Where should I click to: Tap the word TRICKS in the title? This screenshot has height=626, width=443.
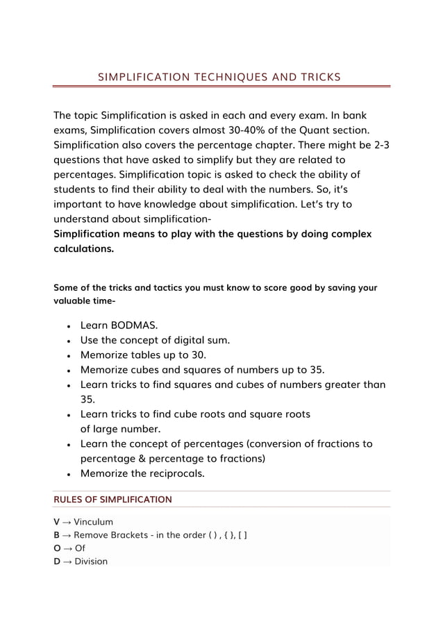pos(317,76)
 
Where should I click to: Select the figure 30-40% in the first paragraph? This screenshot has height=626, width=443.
pos(253,130)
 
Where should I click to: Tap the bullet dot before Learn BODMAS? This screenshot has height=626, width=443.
pos(67,325)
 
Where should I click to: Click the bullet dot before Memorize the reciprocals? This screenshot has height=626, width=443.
pos(67,475)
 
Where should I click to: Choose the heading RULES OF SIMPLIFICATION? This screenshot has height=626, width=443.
pos(112,499)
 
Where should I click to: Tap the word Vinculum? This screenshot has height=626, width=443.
pos(93,522)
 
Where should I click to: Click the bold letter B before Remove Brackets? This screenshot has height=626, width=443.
pos(58,535)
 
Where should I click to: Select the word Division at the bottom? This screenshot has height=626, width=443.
pos(91,561)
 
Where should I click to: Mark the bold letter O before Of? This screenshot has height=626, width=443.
pos(58,548)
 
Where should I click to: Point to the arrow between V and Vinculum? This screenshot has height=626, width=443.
pos(68,522)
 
